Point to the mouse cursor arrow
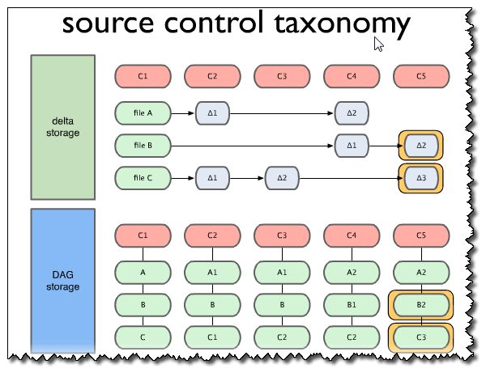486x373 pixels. [x=378, y=44]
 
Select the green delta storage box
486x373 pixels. [x=63, y=127]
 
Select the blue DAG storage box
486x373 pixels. [x=63, y=279]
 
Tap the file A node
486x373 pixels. [x=143, y=113]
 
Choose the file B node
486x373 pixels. [x=143, y=146]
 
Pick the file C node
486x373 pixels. [x=143, y=177]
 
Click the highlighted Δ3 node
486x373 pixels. [x=420, y=177]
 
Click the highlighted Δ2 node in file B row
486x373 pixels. [x=420, y=146]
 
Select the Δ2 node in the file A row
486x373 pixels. [x=352, y=113]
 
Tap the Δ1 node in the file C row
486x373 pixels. [x=212, y=177]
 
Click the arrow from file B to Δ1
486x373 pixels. [x=251, y=146]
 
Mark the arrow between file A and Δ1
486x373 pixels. [x=182, y=113]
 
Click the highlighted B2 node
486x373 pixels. [x=420, y=306]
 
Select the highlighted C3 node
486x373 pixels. [x=420, y=336]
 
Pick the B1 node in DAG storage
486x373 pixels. [x=352, y=306]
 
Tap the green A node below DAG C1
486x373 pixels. [x=143, y=273]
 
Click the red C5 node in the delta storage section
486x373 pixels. [x=420, y=77]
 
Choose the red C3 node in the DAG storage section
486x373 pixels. [x=282, y=235]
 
